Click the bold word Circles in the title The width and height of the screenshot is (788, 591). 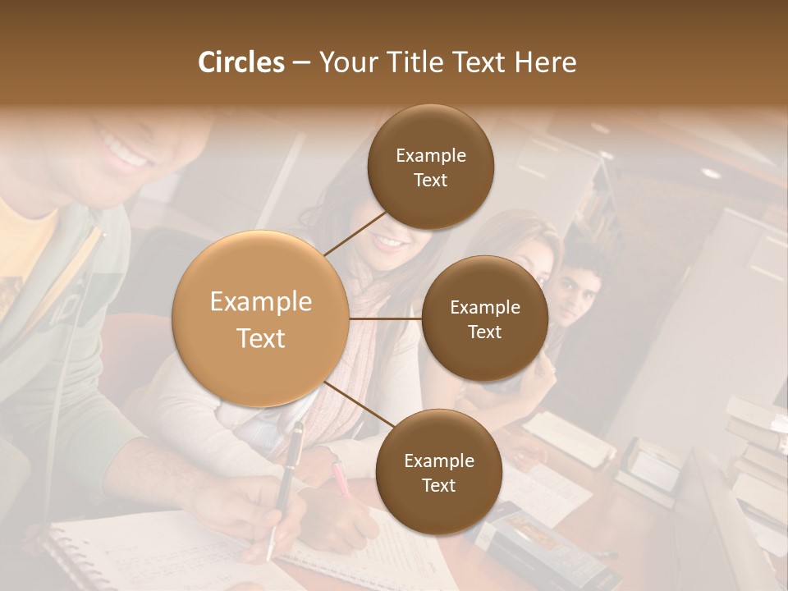[241, 62]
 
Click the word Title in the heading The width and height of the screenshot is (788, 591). [407, 62]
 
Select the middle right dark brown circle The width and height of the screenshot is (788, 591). [484, 353]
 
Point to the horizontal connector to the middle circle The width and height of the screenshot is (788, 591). [385, 318]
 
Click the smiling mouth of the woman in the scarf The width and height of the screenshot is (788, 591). [389, 242]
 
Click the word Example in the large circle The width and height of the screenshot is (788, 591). [261, 302]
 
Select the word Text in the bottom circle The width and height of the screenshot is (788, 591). [438, 486]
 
